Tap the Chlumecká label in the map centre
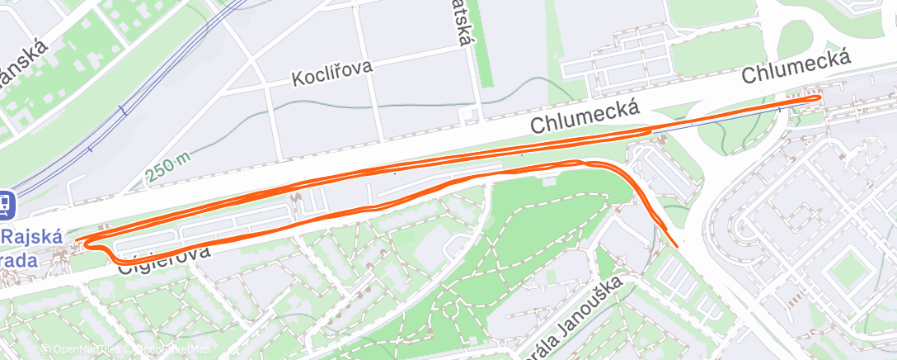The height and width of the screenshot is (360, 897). tap(586, 116)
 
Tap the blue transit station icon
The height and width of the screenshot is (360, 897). tap(4, 202)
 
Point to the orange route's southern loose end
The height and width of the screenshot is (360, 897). tap(677, 245)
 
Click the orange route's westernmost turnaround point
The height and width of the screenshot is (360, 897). tap(77, 241)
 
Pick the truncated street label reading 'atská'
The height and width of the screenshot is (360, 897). tap(464, 26)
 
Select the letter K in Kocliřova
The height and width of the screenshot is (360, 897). tap(298, 81)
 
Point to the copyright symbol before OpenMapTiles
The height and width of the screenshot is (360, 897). tap(46, 350)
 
